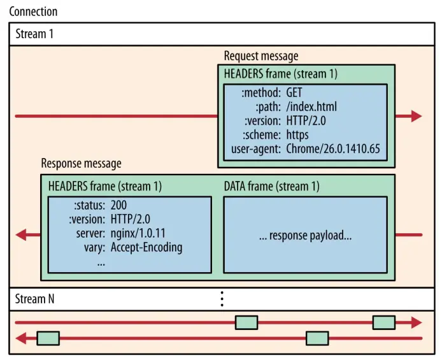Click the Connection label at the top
(33, 11)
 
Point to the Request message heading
(261, 56)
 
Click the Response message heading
(81, 164)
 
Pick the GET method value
(294, 93)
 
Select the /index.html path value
(311, 106)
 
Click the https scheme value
(297, 134)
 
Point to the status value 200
(119, 205)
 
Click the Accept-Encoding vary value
(146, 247)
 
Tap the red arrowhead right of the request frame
(416, 116)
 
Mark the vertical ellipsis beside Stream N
(222, 298)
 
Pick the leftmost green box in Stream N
(48, 338)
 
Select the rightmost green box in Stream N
(383, 322)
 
